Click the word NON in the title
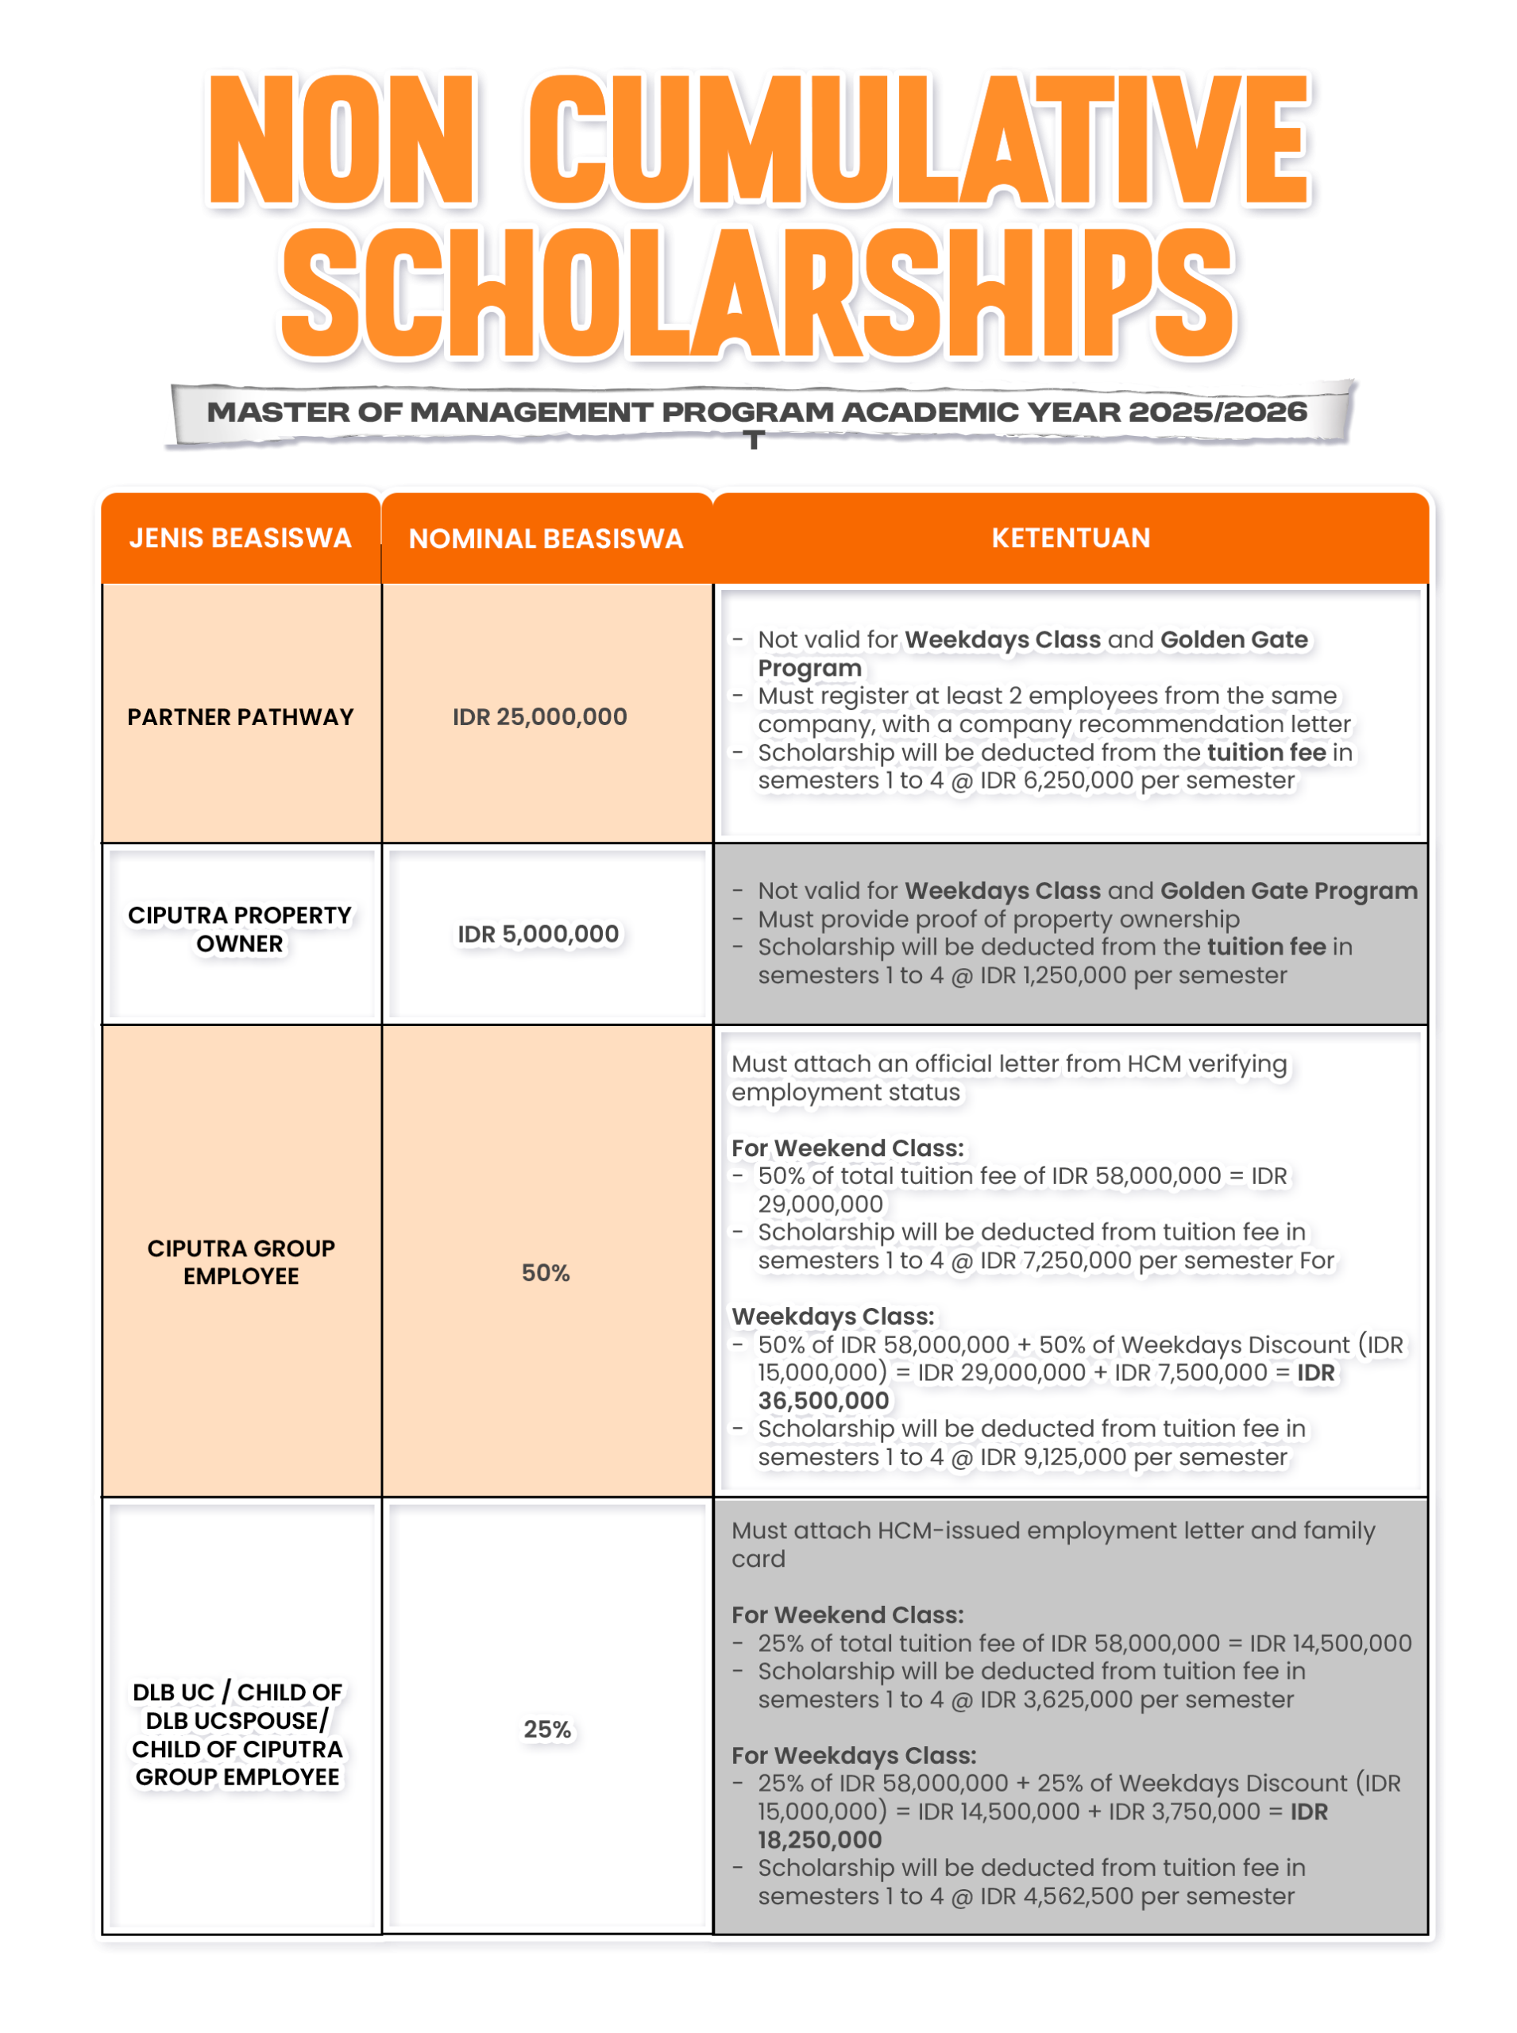click(x=341, y=140)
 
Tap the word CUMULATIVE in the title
click(x=919, y=140)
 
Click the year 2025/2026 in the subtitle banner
click(x=1217, y=412)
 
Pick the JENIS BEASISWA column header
click(x=241, y=538)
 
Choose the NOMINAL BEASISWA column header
click(x=546, y=539)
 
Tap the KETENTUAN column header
click(x=1071, y=538)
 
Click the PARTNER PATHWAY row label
click(x=241, y=717)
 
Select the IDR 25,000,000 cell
click(x=540, y=717)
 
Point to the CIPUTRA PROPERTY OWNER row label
click(x=241, y=929)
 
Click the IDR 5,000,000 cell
click(x=539, y=935)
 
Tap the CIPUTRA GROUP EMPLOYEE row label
click(x=241, y=1262)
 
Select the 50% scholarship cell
click(x=546, y=1273)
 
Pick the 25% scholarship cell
click(x=547, y=1729)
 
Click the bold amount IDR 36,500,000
click(x=824, y=1400)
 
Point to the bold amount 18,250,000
click(x=820, y=1839)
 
